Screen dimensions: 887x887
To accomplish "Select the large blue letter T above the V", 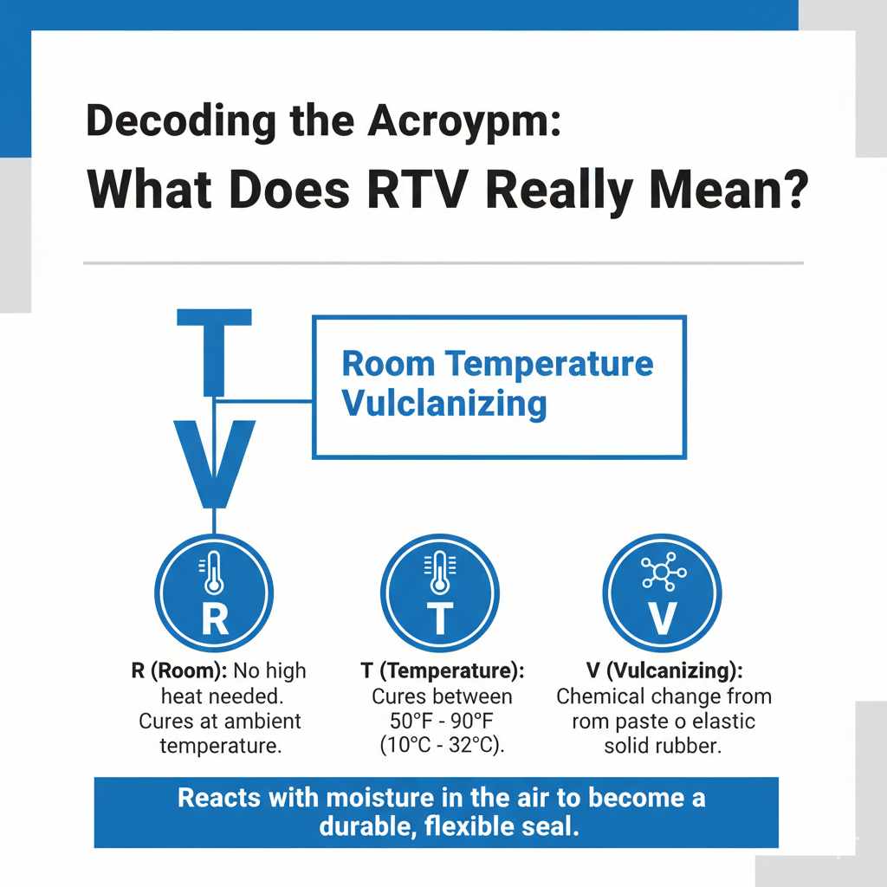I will coord(214,350).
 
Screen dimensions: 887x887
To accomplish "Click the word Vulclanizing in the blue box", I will coord(444,403).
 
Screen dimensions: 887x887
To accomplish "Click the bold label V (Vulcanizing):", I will coord(663,671).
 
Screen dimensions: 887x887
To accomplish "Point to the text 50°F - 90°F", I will coord(441,722).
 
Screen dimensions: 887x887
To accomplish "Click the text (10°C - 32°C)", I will coord(441,746).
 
